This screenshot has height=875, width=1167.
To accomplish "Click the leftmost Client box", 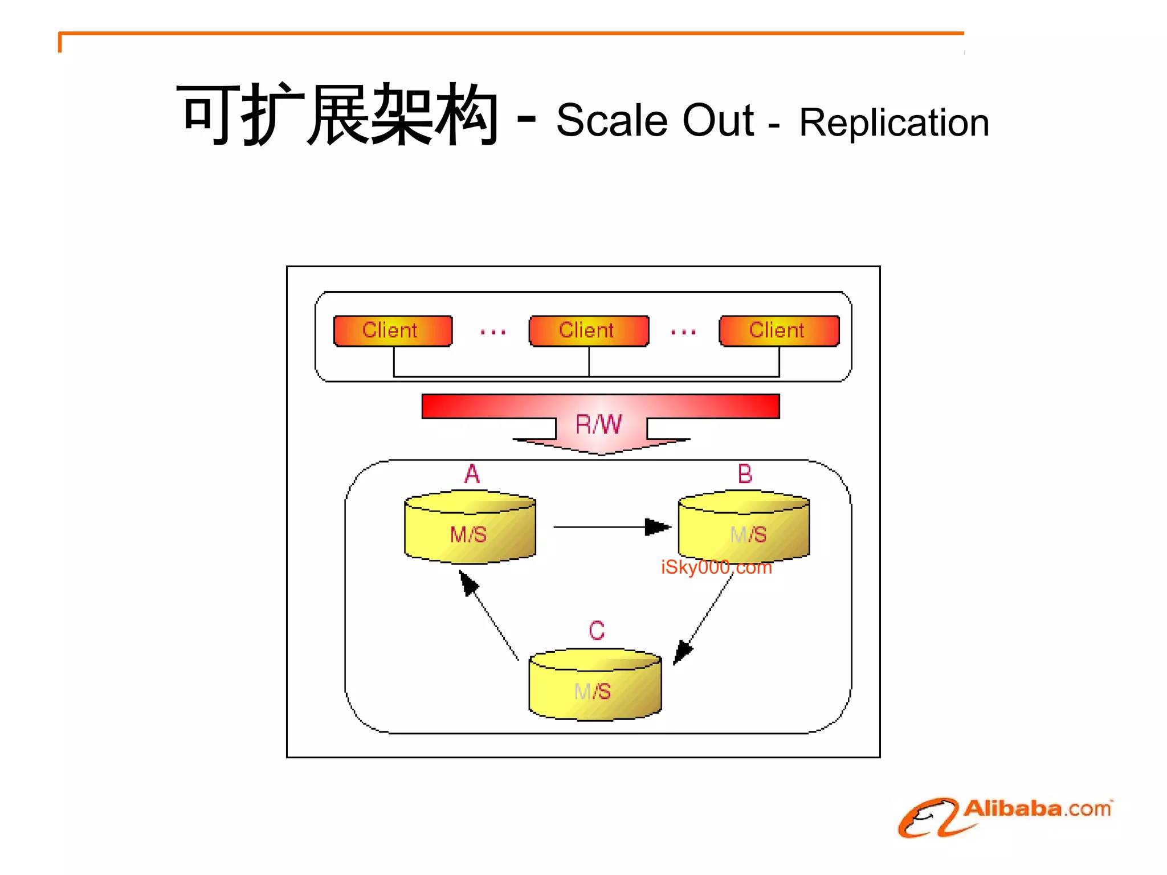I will [x=393, y=330].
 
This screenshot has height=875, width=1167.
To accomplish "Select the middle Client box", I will [x=589, y=330].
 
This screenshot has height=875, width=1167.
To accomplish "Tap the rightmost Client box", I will [x=779, y=330].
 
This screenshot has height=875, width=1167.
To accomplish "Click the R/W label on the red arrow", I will [x=599, y=424].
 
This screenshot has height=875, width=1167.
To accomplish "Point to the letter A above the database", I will [x=472, y=474].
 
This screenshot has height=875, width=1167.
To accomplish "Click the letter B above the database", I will [x=745, y=474].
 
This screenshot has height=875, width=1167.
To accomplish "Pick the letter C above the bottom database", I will [x=597, y=631].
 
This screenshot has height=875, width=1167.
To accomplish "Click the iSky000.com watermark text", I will [x=716, y=568].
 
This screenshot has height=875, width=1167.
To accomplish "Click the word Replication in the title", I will [x=893, y=122].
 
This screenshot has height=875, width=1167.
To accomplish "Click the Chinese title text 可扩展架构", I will [x=338, y=114].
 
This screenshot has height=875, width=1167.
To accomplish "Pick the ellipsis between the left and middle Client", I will [x=493, y=332].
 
